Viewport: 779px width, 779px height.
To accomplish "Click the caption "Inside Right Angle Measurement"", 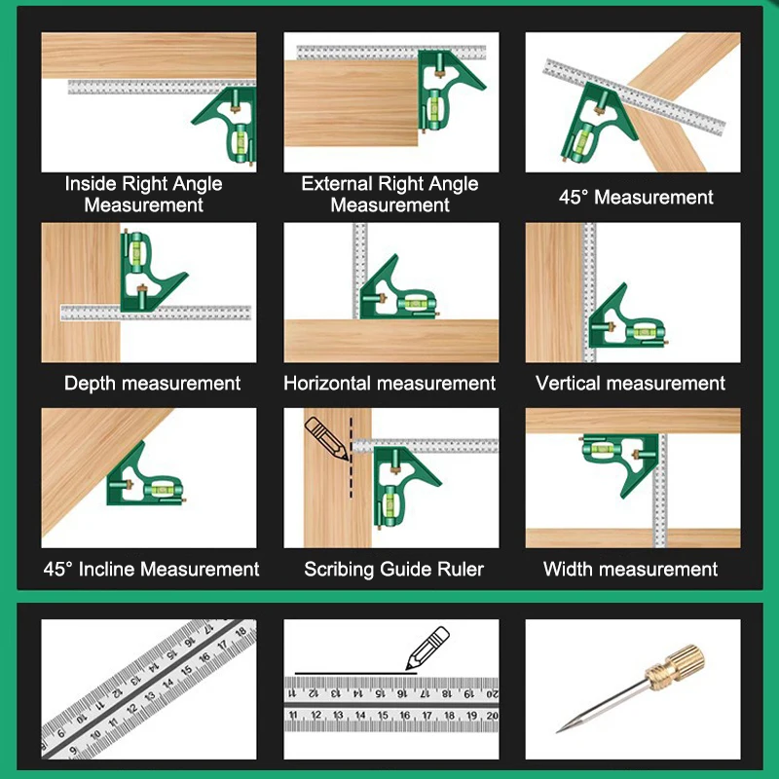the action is click(143, 194).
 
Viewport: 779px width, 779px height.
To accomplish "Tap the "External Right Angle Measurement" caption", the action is click(390, 194).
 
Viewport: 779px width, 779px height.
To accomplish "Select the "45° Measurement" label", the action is click(636, 198).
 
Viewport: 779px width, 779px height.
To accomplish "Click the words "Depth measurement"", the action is click(153, 383).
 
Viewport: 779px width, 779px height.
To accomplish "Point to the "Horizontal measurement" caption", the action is click(389, 383).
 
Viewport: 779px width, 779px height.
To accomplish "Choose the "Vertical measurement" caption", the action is click(630, 383).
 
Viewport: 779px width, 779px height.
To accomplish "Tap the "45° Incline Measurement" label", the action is click(151, 569).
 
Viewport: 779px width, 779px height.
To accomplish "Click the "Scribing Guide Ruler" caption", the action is click(393, 569).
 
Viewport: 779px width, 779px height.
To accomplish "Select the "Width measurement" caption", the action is click(630, 569).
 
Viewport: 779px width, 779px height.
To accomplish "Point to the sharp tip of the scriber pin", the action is click(557, 732).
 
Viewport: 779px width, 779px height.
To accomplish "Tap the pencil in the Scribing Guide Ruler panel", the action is click(326, 438).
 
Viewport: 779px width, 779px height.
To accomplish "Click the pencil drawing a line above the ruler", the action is click(427, 648).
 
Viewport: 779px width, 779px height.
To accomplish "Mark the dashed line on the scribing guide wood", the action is click(352, 457).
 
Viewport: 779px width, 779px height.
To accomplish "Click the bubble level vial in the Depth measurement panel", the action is click(135, 251).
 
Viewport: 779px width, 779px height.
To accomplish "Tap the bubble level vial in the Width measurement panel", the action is click(602, 450).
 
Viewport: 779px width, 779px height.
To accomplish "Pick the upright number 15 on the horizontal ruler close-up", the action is click(383, 716).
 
